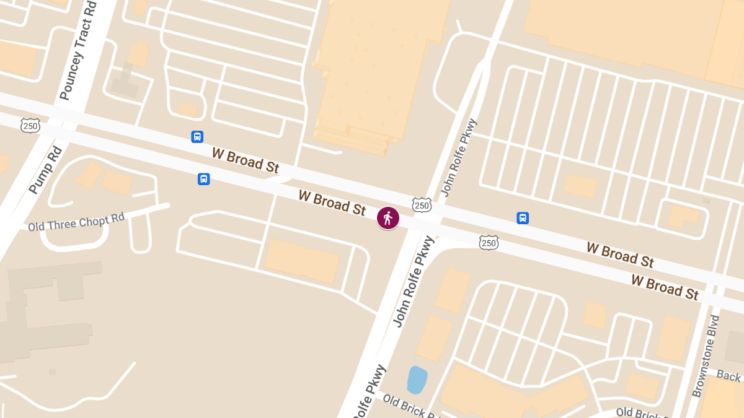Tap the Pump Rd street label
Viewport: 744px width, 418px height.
point(46,170)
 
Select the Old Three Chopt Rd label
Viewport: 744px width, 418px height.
point(76,222)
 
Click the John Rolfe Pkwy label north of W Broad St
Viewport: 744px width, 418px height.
point(459,157)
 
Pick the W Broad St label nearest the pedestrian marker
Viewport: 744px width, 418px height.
point(332,202)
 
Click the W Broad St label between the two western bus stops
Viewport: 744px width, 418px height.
point(246,160)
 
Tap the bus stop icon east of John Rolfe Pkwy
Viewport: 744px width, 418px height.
point(523,218)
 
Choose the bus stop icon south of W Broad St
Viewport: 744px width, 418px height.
point(203,179)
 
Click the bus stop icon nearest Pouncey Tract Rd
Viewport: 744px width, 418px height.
point(197,137)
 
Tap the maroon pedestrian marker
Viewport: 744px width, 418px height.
point(388,218)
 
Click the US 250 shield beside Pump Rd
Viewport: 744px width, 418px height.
point(30,125)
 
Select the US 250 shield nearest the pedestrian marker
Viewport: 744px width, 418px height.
point(422,204)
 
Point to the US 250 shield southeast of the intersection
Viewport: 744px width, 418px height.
point(489,242)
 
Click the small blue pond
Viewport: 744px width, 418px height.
point(417,380)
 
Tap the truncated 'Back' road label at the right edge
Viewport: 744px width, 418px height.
point(730,375)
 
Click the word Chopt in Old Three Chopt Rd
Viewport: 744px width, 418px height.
point(92,221)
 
